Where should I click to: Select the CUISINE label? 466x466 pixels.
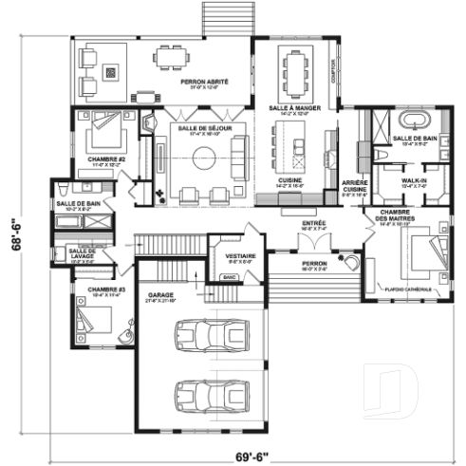(290, 180)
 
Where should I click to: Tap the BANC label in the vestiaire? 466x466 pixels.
(229, 277)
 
